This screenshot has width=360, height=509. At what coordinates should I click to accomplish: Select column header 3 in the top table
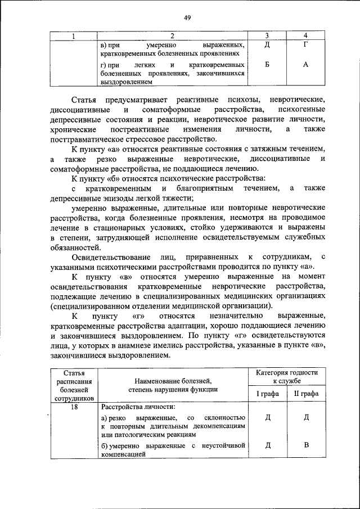(x=267, y=37)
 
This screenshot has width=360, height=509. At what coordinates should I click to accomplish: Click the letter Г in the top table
(x=305, y=44)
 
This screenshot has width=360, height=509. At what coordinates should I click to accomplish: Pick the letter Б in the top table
(x=267, y=65)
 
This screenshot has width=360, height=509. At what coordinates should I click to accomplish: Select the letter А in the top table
(x=305, y=65)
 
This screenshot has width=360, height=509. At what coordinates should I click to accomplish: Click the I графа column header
(x=268, y=394)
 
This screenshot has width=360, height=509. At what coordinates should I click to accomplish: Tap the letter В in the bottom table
(x=306, y=446)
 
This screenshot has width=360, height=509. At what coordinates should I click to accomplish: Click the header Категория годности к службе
(x=287, y=377)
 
